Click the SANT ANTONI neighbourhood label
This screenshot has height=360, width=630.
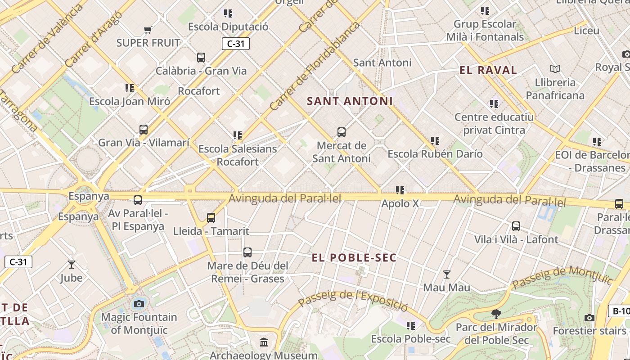click(x=350, y=101)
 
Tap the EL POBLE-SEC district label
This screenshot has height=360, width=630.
click(x=355, y=258)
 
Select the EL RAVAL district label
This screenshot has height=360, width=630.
click(x=488, y=70)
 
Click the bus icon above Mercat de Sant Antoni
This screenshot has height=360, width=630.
click(x=342, y=132)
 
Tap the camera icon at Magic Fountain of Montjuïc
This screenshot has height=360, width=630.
click(x=139, y=304)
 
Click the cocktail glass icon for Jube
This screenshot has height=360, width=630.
click(x=72, y=264)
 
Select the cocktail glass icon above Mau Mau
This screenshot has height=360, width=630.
click(x=447, y=274)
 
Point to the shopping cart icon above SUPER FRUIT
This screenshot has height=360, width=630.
click(x=148, y=30)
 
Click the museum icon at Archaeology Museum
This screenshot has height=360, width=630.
click(x=264, y=342)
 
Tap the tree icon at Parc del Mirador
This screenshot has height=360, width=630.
click(x=496, y=314)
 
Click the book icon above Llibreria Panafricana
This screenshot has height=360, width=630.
click(x=555, y=69)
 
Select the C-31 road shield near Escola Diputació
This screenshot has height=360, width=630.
click(x=235, y=44)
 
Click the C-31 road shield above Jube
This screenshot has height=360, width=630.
click(x=18, y=262)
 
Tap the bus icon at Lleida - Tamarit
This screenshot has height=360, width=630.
click(x=211, y=218)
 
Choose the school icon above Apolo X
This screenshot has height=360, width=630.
click(x=400, y=190)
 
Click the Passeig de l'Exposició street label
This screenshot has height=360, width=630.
click(x=353, y=300)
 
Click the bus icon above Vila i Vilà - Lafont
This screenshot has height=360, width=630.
click(x=516, y=226)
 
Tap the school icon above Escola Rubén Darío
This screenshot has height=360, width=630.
click(x=435, y=141)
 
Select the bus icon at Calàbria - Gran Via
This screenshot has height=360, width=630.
click(x=201, y=58)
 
